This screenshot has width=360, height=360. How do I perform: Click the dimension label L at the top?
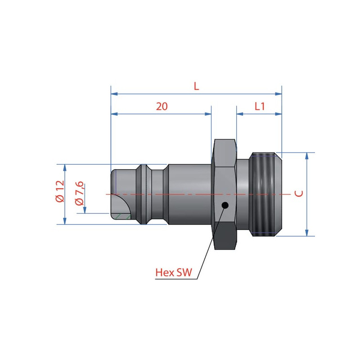tap(196, 86)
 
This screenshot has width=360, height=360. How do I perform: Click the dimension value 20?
tap(162, 107)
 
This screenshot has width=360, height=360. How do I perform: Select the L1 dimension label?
tap(260, 106)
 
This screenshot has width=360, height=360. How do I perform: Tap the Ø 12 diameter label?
tap(60, 191)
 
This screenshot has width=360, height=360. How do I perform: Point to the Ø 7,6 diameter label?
tap(80, 193)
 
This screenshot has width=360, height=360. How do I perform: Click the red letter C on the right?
tap(299, 193)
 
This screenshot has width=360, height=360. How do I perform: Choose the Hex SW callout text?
tap(174, 272)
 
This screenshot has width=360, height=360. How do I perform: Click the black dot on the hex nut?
tap(225, 205)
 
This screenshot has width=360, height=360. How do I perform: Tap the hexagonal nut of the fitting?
tap(224, 194)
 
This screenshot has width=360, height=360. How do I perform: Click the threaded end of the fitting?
tap(266, 194)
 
